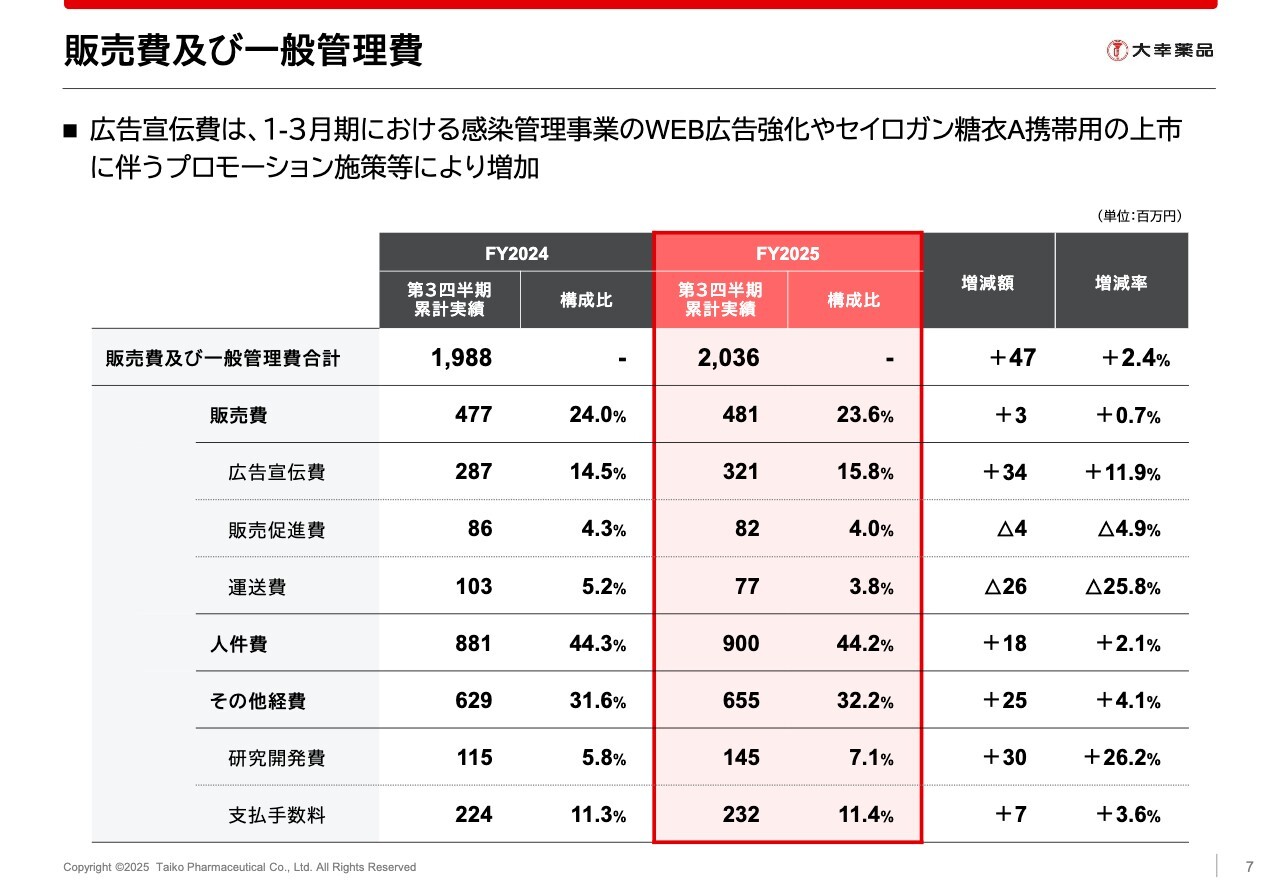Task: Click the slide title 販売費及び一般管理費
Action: [243, 51]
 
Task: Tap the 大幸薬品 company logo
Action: [1160, 50]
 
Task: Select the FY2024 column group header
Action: [516, 253]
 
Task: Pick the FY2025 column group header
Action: [787, 253]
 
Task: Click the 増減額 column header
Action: [988, 283]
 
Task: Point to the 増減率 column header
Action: [1121, 283]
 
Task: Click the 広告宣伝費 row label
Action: [276, 472]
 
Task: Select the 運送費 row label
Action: [257, 587]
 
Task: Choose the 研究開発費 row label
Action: [276, 758]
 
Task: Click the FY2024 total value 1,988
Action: [461, 358]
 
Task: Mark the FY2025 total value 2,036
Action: [728, 358]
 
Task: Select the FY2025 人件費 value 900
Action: [740, 644]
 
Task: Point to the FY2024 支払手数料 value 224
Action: [473, 815]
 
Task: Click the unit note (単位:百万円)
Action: [1139, 216]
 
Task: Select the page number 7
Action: [1248, 867]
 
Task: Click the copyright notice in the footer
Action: [239, 867]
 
